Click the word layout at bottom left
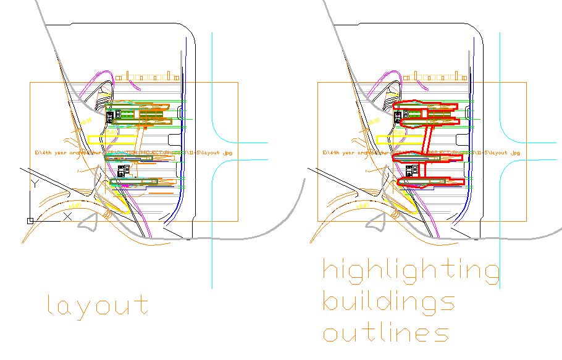(x=98, y=306)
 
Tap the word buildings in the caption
(x=389, y=303)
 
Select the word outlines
(x=385, y=333)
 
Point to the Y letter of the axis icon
(x=35, y=184)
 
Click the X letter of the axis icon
(x=68, y=216)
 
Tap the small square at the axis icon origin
(x=30, y=220)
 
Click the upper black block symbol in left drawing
(x=112, y=115)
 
